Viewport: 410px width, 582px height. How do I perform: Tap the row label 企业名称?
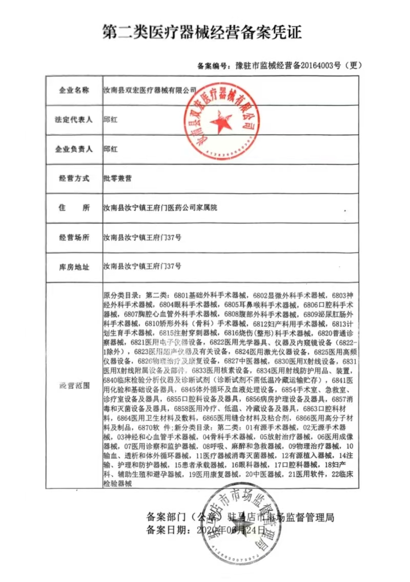(x=73, y=90)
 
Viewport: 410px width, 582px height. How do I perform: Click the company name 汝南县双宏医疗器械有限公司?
(x=150, y=90)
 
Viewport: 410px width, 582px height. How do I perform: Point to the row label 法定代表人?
(x=73, y=119)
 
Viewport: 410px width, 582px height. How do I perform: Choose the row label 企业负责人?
(x=73, y=149)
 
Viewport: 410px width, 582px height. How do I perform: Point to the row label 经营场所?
(x=73, y=237)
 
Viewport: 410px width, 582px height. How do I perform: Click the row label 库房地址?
(x=73, y=267)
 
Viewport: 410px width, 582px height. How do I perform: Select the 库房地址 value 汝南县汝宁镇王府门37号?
(x=142, y=267)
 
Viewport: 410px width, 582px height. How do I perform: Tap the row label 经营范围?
(x=73, y=385)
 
